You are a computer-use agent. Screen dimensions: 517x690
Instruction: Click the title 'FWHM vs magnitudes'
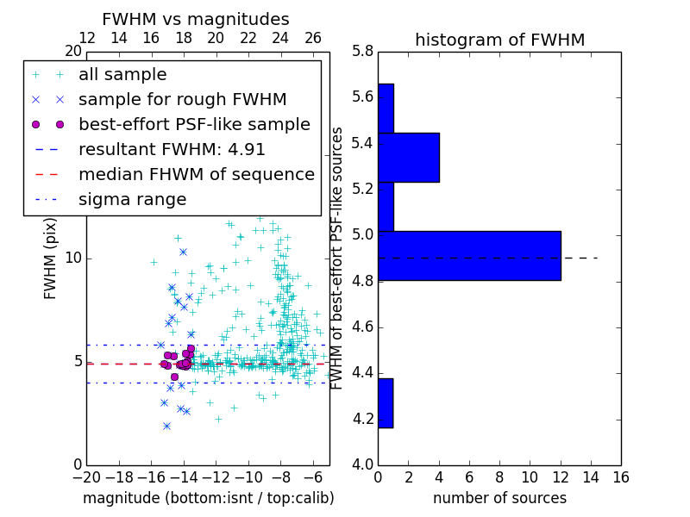[196, 20]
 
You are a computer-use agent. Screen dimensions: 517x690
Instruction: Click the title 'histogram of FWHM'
[499, 40]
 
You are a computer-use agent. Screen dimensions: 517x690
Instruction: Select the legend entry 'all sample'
[122, 75]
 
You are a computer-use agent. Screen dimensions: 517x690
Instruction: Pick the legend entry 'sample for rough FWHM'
[182, 100]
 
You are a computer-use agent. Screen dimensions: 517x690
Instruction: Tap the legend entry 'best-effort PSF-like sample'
[194, 125]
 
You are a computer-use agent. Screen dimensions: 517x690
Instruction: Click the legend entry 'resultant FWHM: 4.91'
[172, 150]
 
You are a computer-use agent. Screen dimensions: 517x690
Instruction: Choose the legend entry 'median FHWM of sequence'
[196, 175]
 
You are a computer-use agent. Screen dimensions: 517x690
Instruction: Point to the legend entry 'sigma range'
[132, 200]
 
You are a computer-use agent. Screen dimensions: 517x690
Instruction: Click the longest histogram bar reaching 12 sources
[469, 256]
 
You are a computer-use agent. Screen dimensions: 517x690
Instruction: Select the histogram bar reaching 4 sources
[409, 158]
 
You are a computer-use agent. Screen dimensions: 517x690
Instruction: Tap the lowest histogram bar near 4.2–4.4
[386, 403]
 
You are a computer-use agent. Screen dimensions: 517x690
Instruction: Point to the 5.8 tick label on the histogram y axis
[363, 52]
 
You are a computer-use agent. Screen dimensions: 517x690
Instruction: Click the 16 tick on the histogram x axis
[620, 476]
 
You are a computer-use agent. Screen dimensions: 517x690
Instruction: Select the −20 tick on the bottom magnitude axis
[86, 476]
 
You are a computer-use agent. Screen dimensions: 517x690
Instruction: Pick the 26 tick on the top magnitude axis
[313, 39]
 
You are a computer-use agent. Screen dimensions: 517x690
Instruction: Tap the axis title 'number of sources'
[499, 498]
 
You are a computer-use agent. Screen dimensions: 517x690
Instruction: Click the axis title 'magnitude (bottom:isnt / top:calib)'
[208, 498]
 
